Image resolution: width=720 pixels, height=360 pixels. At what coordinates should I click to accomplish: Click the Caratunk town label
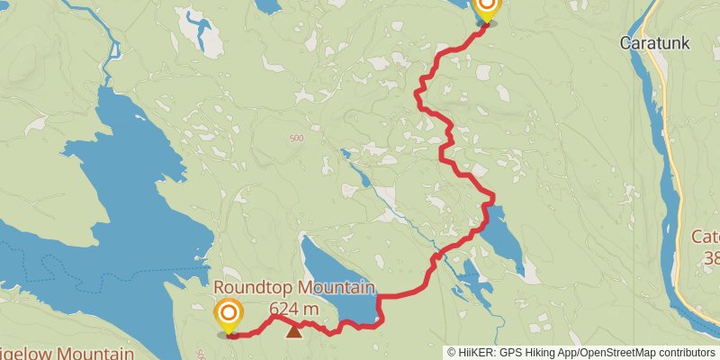coord(654,42)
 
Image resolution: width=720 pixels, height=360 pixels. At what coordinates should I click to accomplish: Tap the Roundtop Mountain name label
coord(293,288)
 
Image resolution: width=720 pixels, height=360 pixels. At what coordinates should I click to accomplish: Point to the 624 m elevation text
coord(294,309)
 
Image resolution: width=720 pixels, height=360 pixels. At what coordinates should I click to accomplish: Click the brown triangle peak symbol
coord(293,331)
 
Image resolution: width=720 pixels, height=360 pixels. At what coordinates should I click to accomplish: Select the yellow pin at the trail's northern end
coord(486,8)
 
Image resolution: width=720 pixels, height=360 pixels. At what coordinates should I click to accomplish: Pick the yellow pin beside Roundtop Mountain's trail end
coord(229,314)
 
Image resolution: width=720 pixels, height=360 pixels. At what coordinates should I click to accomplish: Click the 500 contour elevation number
coord(296,138)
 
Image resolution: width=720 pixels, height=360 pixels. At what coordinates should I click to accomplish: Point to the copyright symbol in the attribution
coord(452,353)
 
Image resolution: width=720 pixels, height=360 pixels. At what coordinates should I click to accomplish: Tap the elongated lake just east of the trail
coord(504,236)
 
